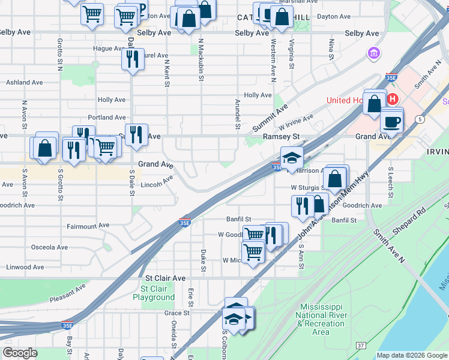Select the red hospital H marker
393,99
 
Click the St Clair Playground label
154,293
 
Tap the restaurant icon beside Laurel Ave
133,59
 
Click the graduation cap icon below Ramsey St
292,158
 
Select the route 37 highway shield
361,346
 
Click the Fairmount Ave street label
88,226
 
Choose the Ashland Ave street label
25,82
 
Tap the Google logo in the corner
20,353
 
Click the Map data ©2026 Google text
411,355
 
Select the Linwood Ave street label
25,267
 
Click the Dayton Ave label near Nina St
333,17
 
